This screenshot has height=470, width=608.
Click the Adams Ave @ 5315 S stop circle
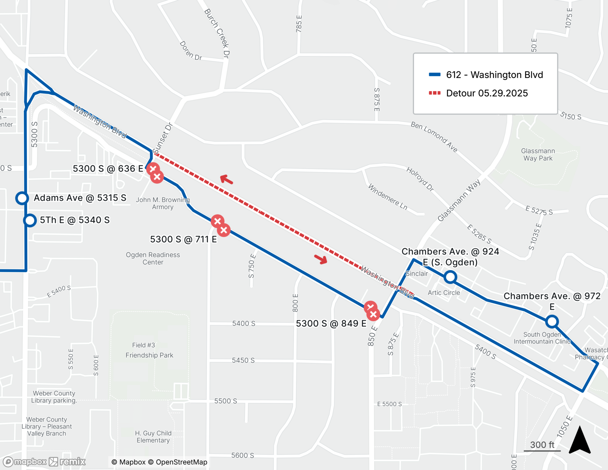pos(22,198)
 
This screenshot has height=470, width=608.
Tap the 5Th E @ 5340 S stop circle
pos(30,220)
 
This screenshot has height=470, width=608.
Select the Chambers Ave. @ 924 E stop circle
pos(450,277)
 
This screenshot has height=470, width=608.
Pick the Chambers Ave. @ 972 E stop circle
pos(552,321)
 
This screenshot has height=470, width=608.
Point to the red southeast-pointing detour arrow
pos(321,259)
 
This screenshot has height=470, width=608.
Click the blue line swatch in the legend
pos(434,75)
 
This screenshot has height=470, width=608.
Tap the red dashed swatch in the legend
pos(434,93)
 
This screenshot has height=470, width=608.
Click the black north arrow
pos(580,440)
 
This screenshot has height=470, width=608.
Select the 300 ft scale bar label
pos(542,445)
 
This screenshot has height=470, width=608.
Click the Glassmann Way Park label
pos(538,155)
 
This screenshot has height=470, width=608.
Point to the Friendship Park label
pos(149,355)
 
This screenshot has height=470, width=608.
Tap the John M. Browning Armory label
pos(163,203)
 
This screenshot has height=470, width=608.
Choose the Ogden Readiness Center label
pos(153,258)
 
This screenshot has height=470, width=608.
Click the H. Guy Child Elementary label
pos(153,437)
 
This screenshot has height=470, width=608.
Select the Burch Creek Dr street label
pos(217,33)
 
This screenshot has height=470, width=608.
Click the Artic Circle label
pos(444,293)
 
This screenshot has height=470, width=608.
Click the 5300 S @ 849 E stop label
pos(331,323)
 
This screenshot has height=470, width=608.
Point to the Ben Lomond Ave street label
pos(434,137)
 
